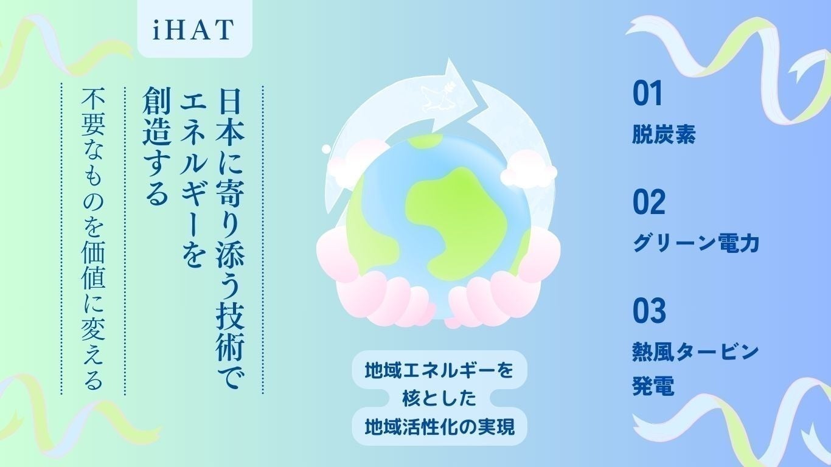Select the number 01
tap(647, 94)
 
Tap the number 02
tap(649, 203)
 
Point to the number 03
tap(649, 311)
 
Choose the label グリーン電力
tap(696, 244)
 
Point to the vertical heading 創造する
tap(156, 146)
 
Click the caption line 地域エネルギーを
tap(438, 369)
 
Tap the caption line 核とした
tap(438, 398)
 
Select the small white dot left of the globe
tap(326, 148)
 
